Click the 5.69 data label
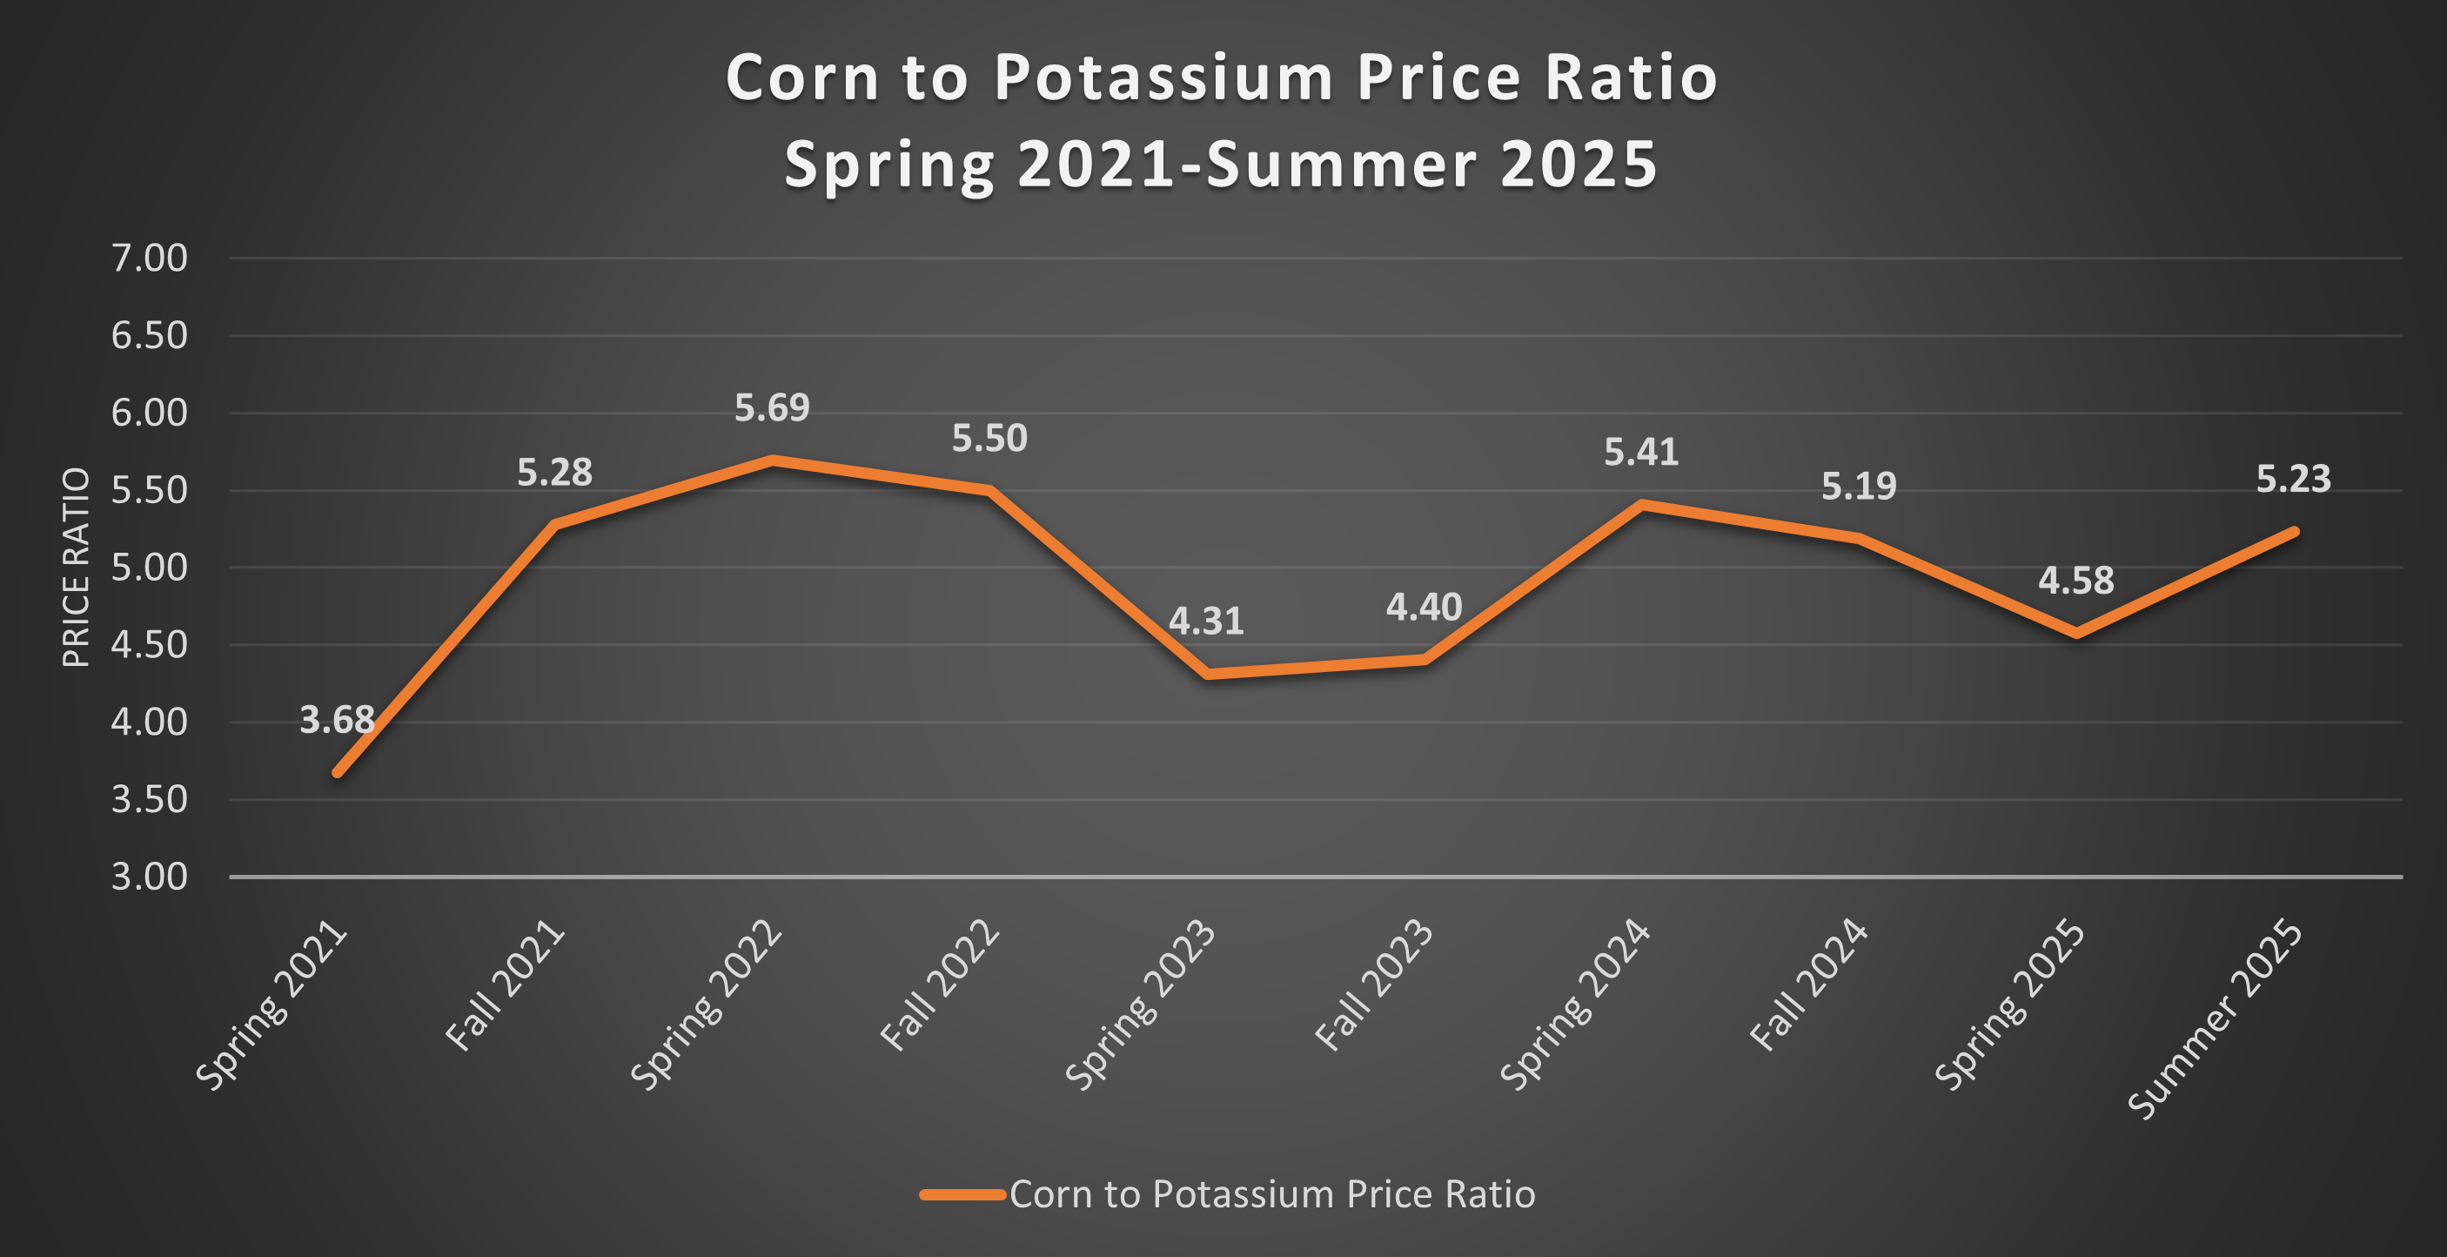(771, 408)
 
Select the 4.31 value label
(1205, 622)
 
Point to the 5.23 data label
(2293, 479)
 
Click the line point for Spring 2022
(772, 460)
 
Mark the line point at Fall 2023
(1424, 659)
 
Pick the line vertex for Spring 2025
(2076, 633)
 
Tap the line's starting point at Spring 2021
(339, 772)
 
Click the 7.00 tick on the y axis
(150, 259)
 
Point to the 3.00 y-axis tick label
(150, 877)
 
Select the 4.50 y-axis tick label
(150, 645)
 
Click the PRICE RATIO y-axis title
(76, 568)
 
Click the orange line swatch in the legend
(962, 1194)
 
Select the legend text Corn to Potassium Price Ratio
(1272, 1194)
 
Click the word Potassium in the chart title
(1164, 77)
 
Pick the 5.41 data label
(1640, 453)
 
